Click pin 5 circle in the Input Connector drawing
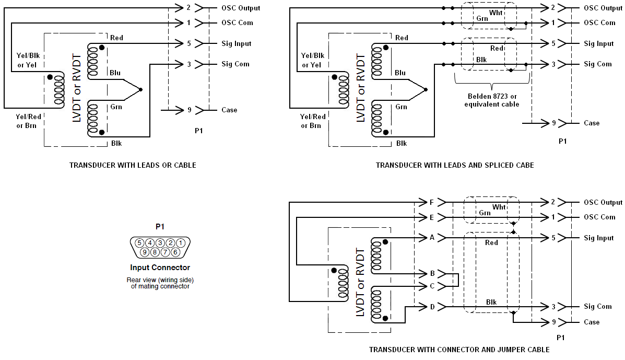tap(139, 243)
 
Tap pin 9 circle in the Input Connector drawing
tap(145, 252)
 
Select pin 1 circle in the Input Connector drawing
tap(180, 243)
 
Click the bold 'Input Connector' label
tap(160, 268)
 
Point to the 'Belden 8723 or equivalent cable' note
tap(492, 100)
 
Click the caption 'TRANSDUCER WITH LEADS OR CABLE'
tap(133, 165)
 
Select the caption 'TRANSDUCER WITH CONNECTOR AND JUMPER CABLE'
tap(459, 350)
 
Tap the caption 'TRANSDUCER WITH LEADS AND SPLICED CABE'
tap(455, 165)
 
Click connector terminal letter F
tap(431, 202)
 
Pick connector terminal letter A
tap(432, 238)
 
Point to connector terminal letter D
tap(432, 307)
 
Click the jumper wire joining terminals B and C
tap(457, 280)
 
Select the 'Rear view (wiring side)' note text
tap(160, 280)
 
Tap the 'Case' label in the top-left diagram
tap(229, 110)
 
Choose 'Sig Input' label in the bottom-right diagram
tap(598, 238)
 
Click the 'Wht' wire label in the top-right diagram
tap(496, 11)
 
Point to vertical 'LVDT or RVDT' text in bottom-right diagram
tap(360, 283)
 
